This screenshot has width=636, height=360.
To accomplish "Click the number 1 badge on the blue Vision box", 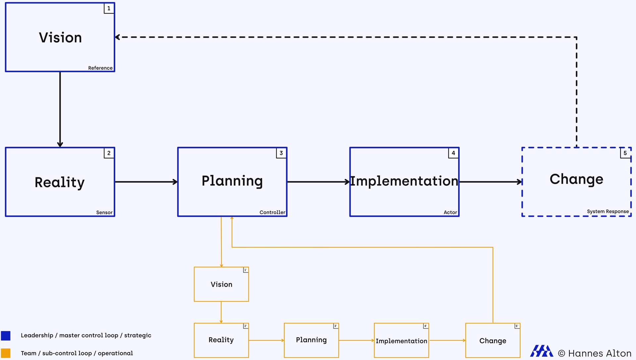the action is pyautogui.click(x=109, y=8).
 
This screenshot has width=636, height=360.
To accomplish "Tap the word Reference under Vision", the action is pyautogui.click(x=100, y=68).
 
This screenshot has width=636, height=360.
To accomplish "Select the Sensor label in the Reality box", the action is pyautogui.click(x=104, y=212).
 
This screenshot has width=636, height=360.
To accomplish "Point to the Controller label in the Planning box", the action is pyautogui.click(x=272, y=212).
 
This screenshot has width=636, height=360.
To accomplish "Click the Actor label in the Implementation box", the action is pyautogui.click(x=450, y=212).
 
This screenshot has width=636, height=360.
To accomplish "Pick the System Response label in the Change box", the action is pyautogui.click(x=608, y=211).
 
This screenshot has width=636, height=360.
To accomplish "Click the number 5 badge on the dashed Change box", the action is pyautogui.click(x=625, y=153).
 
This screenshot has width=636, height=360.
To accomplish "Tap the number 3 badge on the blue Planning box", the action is pyautogui.click(x=281, y=153).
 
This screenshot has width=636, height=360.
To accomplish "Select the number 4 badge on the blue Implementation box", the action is pyautogui.click(x=453, y=153).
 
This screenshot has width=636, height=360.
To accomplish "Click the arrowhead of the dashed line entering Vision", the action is pyautogui.click(x=117, y=37).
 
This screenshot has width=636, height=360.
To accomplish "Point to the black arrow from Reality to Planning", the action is pyautogui.click(x=146, y=182).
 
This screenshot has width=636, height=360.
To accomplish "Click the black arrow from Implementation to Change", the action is pyautogui.click(x=491, y=182).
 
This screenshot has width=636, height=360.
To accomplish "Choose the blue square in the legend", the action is pyautogui.click(x=6, y=335).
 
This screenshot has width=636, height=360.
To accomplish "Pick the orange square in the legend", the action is pyautogui.click(x=6, y=353).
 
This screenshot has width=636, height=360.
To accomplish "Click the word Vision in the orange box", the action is pyautogui.click(x=222, y=284).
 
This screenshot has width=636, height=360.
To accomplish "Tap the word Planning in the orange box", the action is pyautogui.click(x=311, y=340).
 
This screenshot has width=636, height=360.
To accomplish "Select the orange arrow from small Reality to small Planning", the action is pyautogui.click(x=266, y=340).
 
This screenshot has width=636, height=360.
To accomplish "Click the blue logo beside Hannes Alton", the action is pyautogui.click(x=542, y=351).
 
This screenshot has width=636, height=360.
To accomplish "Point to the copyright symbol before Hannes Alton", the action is pyautogui.click(x=561, y=353).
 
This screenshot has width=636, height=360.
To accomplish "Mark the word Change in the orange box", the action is pyautogui.click(x=493, y=341).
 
